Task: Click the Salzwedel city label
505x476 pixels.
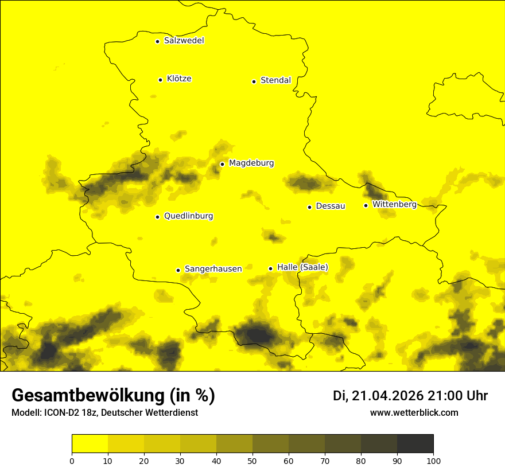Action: coord(184,41)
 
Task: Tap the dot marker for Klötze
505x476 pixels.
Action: coord(160,80)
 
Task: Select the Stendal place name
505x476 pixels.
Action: coord(275,80)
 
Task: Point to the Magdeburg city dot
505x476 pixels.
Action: coord(222,164)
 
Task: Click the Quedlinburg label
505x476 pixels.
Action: coord(188,216)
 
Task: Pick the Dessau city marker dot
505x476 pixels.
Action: coord(309,207)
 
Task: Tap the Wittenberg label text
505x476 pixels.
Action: coord(394,204)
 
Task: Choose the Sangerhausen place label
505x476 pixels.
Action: coord(213,269)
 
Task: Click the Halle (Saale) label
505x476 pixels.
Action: coord(302,267)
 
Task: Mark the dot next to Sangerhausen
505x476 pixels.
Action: coord(178,270)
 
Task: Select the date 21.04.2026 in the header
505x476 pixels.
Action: coord(387,396)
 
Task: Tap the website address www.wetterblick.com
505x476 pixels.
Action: coord(414,412)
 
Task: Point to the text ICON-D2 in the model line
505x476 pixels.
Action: coord(60,413)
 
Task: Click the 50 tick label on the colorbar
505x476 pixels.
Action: coord(252,461)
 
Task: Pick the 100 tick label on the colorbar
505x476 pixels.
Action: coord(433,461)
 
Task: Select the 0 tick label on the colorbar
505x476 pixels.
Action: coord(72,461)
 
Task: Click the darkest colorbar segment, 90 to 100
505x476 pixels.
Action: coord(415,444)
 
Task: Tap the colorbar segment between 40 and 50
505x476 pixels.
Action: coord(234,444)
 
